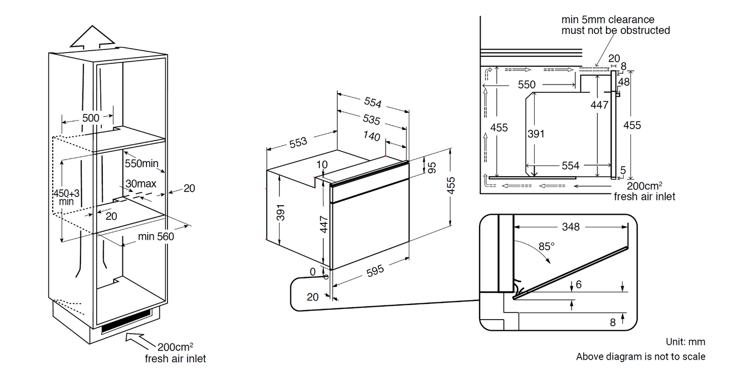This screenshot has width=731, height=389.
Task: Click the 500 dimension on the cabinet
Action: pos(91,118)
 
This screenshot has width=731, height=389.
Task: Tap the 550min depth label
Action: pos(141,164)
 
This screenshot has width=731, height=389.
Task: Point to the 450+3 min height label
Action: pos(66,197)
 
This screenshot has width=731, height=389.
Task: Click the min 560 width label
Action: pos(156,236)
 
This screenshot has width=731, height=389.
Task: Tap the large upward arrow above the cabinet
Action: pos(92,38)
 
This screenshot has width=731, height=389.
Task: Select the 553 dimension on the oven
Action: pos(298,142)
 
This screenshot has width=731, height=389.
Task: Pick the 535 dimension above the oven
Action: pos(371,120)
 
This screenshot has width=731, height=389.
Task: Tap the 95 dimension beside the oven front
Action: pos(432,168)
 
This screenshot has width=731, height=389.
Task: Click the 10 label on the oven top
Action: pos(322,164)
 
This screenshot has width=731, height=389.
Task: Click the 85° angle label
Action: pos(546,246)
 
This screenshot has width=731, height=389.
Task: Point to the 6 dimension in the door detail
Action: pos(579,285)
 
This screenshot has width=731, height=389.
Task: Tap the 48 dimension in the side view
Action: pos(624,81)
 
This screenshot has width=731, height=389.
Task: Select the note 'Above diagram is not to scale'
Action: pos(640,357)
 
